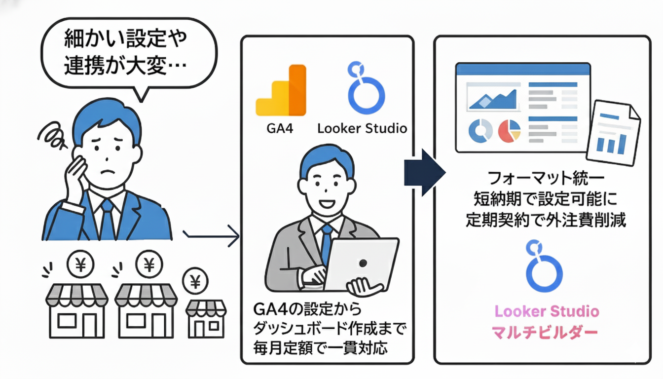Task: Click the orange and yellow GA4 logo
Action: point(281,91)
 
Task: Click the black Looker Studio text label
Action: point(362,129)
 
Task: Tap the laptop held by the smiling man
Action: point(362,264)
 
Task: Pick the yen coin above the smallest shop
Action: point(195,282)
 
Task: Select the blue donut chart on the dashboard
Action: point(480,131)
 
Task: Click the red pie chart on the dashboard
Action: point(510,131)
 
